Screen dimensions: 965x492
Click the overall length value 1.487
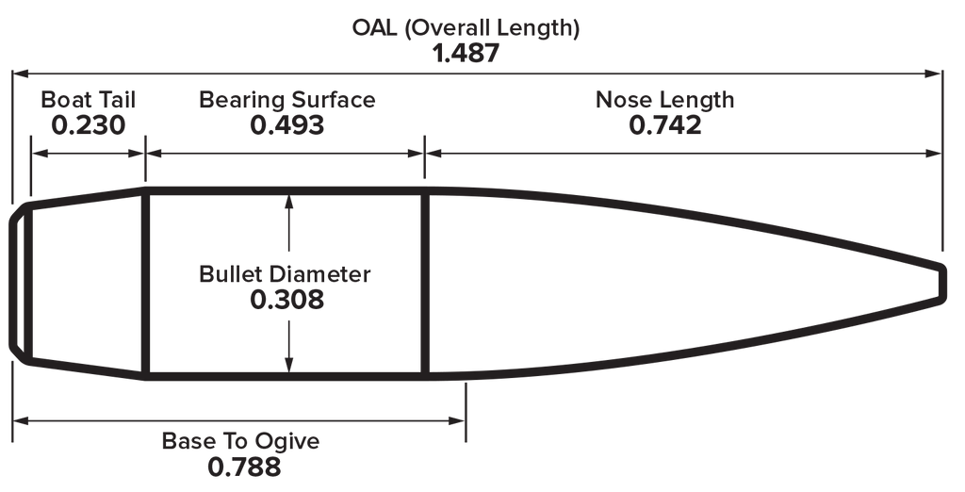click(x=466, y=54)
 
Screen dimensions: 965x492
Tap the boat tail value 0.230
click(x=88, y=125)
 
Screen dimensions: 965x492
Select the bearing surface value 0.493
click(x=286, y=125)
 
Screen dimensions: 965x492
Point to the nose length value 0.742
click(x=664, y=125)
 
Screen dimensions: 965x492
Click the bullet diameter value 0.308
click(x=286, y=300)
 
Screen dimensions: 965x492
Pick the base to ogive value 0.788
click(x=244, y=467)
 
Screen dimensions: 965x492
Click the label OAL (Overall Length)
click(x=466, y=27)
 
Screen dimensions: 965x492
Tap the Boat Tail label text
click(x=88, y=99)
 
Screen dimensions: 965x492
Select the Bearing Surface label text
click(x=286, y=99)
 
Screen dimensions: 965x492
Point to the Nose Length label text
click(x=664, y=99)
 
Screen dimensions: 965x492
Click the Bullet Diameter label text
click(x=285, y=274)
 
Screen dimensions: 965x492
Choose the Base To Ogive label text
click(x=240, y=441)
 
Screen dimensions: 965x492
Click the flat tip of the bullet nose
click(x=942, y=284)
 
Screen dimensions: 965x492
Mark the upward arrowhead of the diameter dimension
click(x=288, y=203)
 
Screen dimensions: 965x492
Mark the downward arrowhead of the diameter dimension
click(x=288, y=364)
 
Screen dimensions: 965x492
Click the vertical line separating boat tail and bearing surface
click(x=146, y=284)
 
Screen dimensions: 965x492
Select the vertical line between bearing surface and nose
click(x=425, y=284)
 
